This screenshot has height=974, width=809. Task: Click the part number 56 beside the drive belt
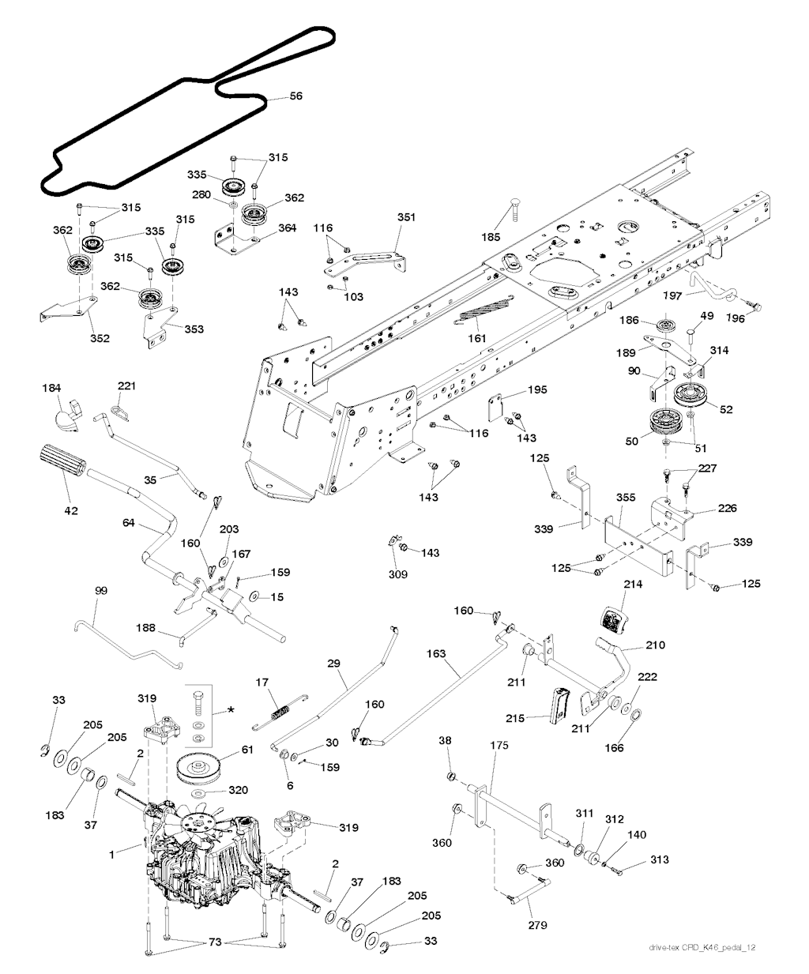[x=295, y=96]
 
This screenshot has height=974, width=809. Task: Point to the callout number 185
[x=491, y=237]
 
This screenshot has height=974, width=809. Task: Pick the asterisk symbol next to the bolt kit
[x=230, y=710]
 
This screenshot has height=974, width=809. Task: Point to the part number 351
[x=406, y=217]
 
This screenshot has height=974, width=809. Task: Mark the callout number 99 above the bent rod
[x=101, y=591]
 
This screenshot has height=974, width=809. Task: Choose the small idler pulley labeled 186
[x=664, y=325]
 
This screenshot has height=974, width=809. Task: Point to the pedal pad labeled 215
[x=560, y=705]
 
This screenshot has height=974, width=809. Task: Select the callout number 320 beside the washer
[x=238, y=790]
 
